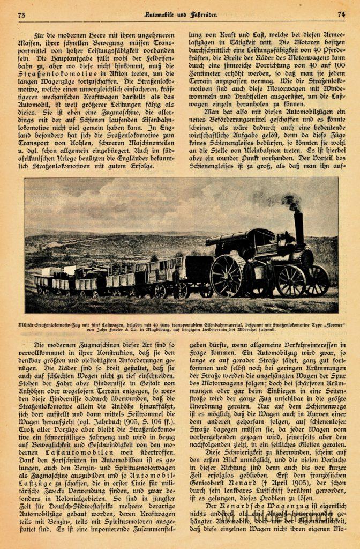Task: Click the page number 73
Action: (x=21, y=15)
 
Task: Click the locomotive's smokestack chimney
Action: (x=298, y=225)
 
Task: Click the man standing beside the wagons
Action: (x=177, y=281)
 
